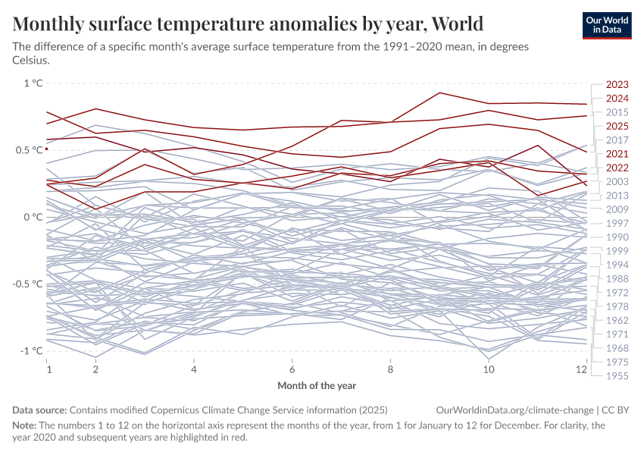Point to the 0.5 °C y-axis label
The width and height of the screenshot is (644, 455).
point(27,150)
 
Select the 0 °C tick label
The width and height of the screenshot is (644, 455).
point(33,217)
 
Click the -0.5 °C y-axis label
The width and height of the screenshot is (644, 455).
point(26,284)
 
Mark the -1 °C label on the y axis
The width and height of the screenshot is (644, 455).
point(31,350)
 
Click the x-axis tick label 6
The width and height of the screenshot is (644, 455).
point(292,369)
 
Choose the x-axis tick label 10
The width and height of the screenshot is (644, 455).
point(489,369)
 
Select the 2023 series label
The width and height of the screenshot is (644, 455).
point(617,85)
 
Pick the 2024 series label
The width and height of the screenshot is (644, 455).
point(617,99)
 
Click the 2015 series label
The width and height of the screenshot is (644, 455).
point(617,112)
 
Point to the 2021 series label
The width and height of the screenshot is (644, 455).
point(617,154)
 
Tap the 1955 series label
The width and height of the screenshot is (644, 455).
point(617,375)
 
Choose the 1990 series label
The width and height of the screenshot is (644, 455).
point(617,237)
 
